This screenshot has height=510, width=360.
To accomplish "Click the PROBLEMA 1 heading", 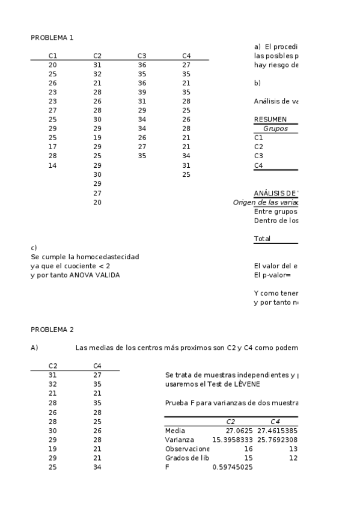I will [x=52, y=37].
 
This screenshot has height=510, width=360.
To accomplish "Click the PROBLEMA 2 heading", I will [x=52, y=329].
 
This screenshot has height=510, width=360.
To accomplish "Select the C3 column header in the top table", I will [x=142, y=55].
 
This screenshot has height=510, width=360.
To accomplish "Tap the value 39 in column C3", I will [x=142, y=92].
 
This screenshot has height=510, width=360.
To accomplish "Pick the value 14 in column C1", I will [x=53, y=165].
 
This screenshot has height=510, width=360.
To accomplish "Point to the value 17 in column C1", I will [x=53, y=147].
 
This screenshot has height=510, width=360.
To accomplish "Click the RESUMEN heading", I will [x=270, y=119].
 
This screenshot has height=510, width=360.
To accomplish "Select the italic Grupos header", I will [x=275, y=128].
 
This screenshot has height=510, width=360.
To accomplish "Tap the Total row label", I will [x=262, y=238].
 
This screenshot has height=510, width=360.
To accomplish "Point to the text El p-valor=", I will [x=272, y=275].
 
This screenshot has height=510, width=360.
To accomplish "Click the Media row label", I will [x=175, y=431].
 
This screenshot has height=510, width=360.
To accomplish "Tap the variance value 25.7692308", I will [x=277, y=440].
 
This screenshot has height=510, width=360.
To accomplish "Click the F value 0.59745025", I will [x=233, y=467].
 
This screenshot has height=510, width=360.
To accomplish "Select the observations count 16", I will [x=249, y=449].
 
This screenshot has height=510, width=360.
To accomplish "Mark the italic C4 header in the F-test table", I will [x=275, y=422].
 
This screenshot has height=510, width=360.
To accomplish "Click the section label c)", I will [x=34, y=247].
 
